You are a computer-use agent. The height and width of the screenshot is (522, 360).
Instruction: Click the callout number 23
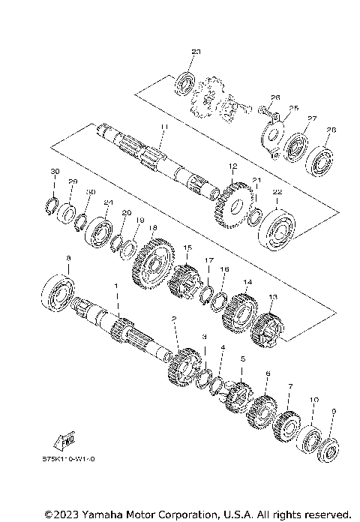click(x=196, y=52)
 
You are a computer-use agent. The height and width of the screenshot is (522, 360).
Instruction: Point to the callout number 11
click(x=164, y=128)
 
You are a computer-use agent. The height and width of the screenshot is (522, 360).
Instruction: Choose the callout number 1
click(x=116, y=286)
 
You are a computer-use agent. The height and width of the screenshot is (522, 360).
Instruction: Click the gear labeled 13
click(x=267, y=323)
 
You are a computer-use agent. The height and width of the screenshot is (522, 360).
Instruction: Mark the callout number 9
click(x=334, y=411)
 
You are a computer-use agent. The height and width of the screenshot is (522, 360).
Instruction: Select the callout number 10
click(x=314, y=400)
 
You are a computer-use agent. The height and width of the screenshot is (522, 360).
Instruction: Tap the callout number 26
click(x=274, y=97)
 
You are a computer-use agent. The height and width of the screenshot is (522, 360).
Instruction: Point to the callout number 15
click(x=187, y=247)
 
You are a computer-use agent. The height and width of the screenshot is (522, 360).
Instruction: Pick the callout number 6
click(x=268, y=373)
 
